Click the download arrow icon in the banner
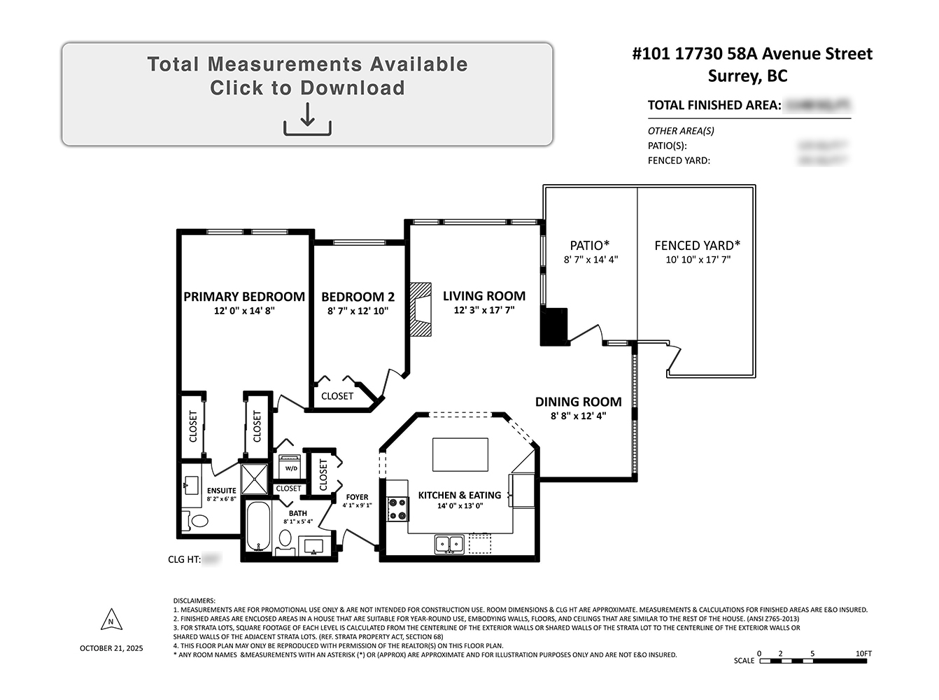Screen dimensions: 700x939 point(307,119)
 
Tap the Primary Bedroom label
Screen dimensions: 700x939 point(244,297)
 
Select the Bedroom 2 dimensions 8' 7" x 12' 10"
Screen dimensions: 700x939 point(358,311)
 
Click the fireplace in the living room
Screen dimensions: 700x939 point(421,310)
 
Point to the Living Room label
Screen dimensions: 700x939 point(484,296)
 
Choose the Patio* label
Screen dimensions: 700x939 point(590,246)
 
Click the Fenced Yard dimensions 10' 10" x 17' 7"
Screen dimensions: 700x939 point(698,260)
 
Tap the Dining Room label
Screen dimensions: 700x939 point(578,402)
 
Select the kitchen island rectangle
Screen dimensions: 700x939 point(460,455)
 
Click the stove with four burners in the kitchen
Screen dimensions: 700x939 point(398,509)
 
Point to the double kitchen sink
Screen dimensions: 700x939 point(449,542)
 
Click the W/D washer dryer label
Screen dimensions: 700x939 point(291,468)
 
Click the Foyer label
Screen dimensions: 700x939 point(357,497)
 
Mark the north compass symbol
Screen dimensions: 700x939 point(111,621)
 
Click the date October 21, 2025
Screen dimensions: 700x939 point(111,648)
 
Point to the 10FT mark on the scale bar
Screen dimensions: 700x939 point(863,654)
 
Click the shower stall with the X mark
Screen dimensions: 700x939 point(255,479)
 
